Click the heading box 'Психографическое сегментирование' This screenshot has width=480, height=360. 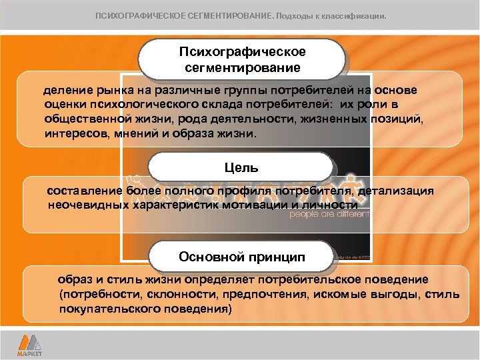point(242,60)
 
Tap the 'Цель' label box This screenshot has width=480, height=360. point(241,167)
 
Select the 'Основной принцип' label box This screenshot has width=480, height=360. point(241,257)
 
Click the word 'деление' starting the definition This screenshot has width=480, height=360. point(65,90)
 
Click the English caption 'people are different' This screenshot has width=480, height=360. point(328,215)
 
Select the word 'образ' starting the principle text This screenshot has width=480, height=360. point(73,279)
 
